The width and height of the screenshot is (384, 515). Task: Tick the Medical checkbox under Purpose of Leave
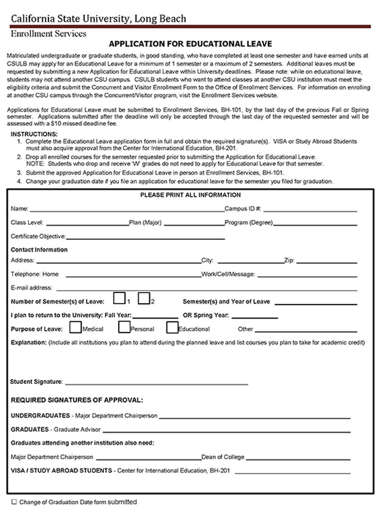pyautogui.click(x=75, y=327)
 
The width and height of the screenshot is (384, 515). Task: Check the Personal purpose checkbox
pyautogui.click(x=124, y=327)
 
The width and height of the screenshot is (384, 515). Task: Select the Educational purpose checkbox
pyautogui.click(x=172, y=327)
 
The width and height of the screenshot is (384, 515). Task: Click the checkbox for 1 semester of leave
pyautogui.click(x=120, y=299)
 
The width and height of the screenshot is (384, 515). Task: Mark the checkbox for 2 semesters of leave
pyautogui.click(x=144, y=299)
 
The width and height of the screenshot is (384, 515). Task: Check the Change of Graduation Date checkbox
pyautogui.click(x=14, y=502)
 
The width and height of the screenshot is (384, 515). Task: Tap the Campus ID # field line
pyautogui.click(x=310, y=210)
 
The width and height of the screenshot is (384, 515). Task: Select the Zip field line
pyautogui.click(x=326, y=263)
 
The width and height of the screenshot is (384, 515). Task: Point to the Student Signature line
pyautogui.click(x=156, y=384)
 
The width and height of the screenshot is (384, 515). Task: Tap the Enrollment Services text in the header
pyautogui.click(x=48, y=34)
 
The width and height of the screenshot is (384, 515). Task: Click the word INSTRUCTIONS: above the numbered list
pyautogui.click(x=34, y=134)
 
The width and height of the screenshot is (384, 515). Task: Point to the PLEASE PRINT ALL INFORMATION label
pyautogui.click(x=190, y=195)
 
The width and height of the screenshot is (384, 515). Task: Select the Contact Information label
pyautogui.click(x=39, y=250)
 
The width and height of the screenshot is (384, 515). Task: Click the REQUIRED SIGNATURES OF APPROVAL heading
pyautogui.click(x=77, y=400)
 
